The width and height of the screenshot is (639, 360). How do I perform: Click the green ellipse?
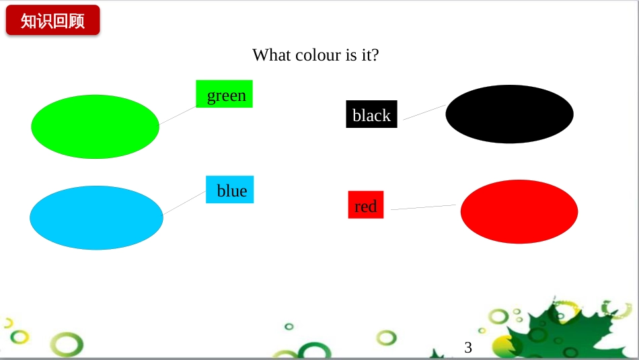[95, 127]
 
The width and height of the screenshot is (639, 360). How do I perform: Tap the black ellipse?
[509, 114]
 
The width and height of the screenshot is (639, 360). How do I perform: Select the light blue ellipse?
[97, 218]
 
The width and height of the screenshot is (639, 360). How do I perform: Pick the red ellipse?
[519, 211]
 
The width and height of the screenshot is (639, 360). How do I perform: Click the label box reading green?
[224, 94]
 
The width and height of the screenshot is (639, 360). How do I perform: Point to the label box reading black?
[372, 114]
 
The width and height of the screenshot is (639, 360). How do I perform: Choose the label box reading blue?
[230, 190]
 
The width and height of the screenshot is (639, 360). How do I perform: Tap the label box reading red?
[366, 205]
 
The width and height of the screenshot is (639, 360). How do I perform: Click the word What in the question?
[272, 55]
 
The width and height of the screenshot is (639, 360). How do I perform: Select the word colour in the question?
[318, 55]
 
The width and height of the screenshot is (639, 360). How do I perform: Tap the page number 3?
[468, 347]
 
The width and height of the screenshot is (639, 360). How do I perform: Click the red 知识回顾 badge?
[53, 20]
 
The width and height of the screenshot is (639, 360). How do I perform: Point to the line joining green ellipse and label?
[178, 115]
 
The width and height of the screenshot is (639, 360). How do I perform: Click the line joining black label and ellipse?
[424, 112]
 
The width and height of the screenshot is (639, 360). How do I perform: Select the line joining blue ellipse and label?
[184, 203]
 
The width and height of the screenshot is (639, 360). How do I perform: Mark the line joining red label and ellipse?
[423, 207]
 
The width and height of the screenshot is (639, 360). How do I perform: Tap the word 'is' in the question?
[351, 55]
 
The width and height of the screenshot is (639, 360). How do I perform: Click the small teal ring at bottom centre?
[289, 326]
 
